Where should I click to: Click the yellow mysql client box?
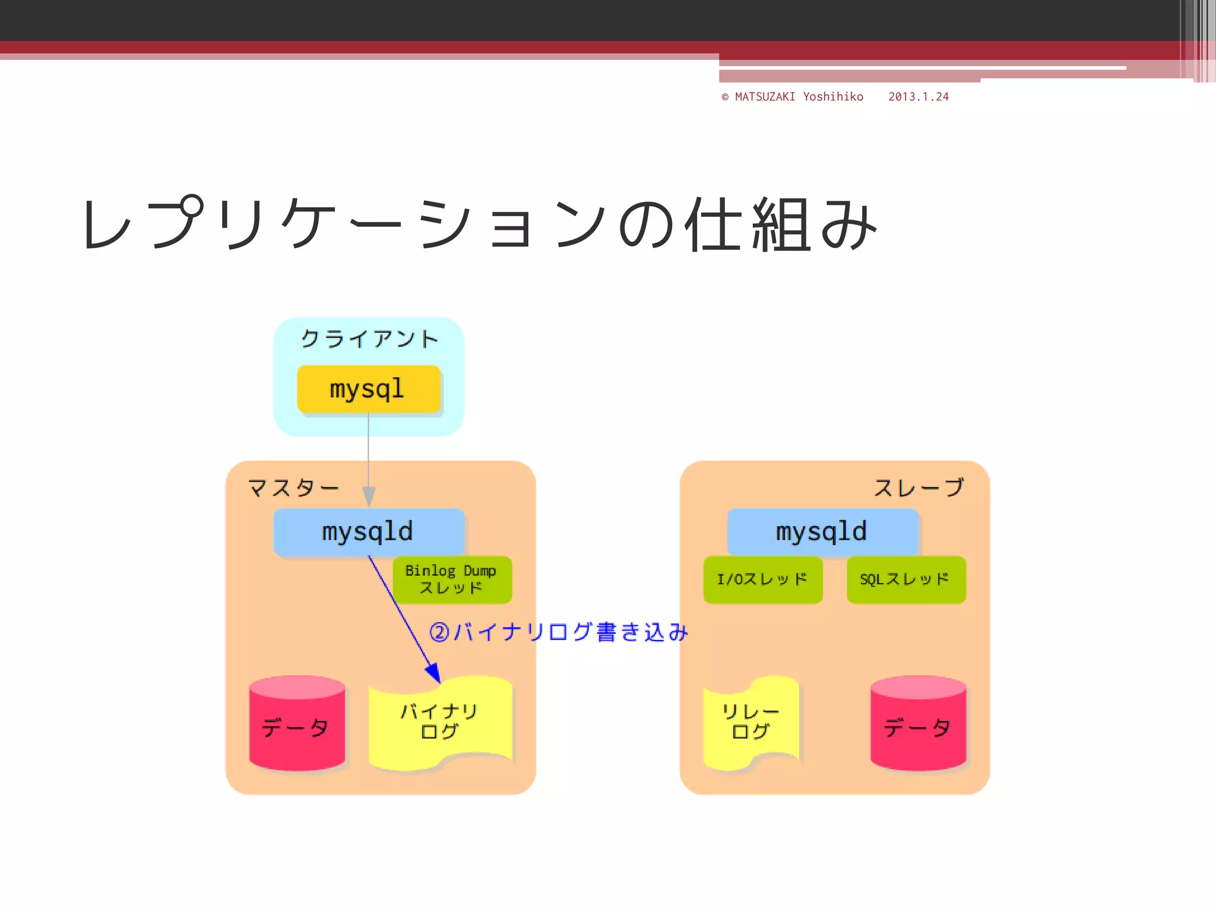[368, 389]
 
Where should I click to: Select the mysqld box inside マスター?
[368, 531]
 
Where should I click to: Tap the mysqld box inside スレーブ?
[822, 531]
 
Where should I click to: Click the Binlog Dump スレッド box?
[452, 579]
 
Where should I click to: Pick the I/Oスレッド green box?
[762, 579]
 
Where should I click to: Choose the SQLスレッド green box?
[905, 579]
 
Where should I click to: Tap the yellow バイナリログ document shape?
[439, 721]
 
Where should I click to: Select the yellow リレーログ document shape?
[751, 721]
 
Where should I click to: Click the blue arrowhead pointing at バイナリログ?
[434, 673]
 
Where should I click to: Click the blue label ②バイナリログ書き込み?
[558, 632]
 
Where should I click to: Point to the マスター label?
[293, 488]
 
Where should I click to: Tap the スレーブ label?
[919, 488]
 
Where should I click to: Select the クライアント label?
[369, 339]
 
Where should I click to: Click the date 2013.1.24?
[918, 97]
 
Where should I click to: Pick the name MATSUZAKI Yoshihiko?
[799, 97]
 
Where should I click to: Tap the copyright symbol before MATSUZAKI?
[725, 97]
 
